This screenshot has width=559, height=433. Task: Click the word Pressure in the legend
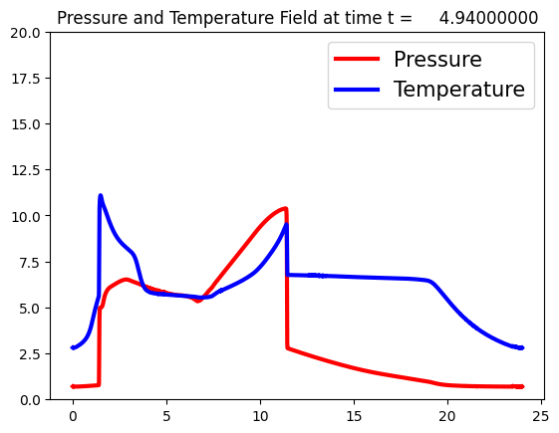point(437,59)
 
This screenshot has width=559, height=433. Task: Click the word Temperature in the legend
point(459,90)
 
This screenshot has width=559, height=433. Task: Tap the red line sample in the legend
point(357,59)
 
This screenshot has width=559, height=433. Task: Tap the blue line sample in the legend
point(357,90)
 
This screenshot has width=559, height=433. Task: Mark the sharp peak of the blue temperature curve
point(101,195)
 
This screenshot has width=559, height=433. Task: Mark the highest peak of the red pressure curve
point(285,208)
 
